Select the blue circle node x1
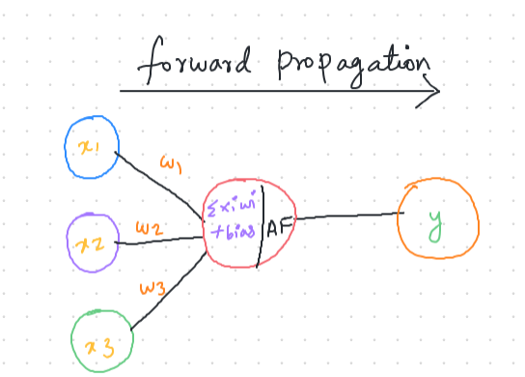click(91, 147)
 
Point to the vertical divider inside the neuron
click(262, 227)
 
